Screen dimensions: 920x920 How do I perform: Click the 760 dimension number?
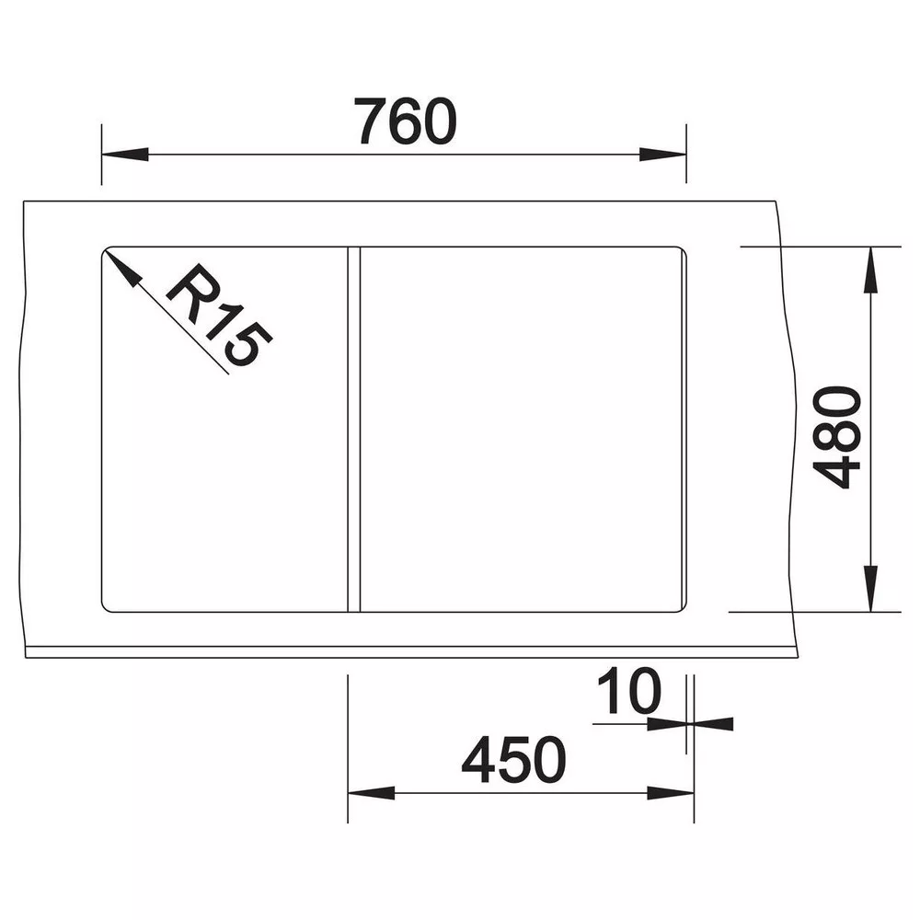(x=406, y=121)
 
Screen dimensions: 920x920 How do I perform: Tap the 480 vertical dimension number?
(x=836, y=437)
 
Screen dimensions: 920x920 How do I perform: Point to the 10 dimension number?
(x=629, y=691)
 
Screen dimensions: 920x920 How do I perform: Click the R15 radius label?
(x=220, y=315)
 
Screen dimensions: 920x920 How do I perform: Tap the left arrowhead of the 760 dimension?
(x=125, y=155)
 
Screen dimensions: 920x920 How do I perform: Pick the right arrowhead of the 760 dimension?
(x=662, y=155)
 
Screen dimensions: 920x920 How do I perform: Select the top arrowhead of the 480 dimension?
(x=870, y=270)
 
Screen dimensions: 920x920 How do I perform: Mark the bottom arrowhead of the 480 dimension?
(x=870, y=589)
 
